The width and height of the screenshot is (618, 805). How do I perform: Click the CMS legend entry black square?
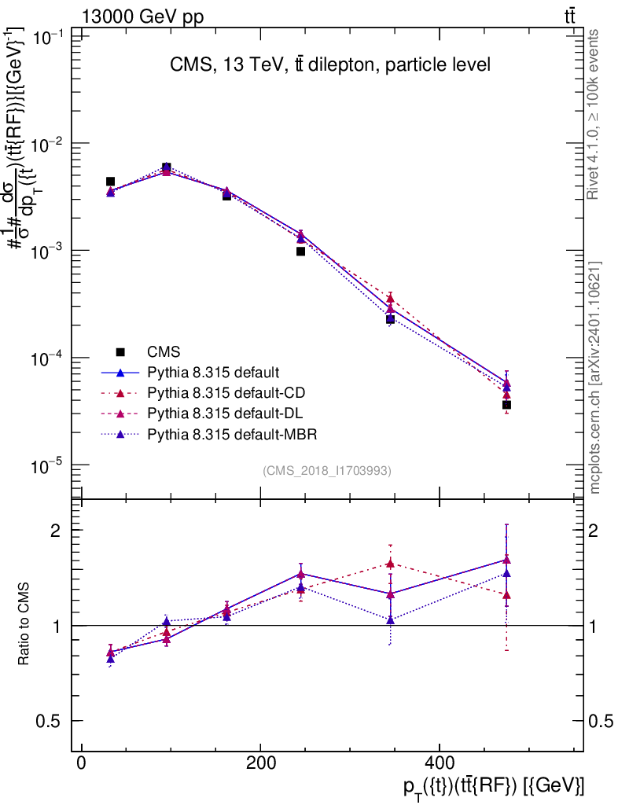pos(120,351)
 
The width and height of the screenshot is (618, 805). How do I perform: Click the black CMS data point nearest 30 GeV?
pos(111,182)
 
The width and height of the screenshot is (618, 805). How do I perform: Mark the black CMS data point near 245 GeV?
pos(300,252)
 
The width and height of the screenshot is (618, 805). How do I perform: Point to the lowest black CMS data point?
pos(507,405)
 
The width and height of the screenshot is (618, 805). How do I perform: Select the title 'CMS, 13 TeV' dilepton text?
pos(330,64)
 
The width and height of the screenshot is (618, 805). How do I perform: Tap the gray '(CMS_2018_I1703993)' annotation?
pos(327,471)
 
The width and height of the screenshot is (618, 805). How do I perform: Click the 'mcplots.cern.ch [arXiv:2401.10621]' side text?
pos(595,377)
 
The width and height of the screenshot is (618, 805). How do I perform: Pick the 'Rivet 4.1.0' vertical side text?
pos(595,114)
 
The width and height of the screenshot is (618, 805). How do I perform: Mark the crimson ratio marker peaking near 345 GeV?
pos(390,564)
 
